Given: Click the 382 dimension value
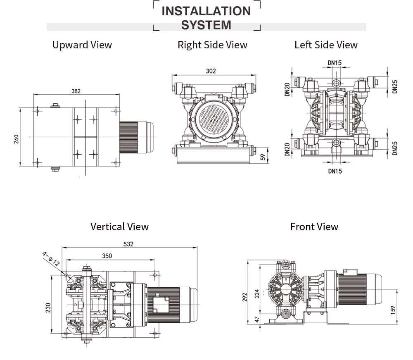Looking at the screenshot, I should (x=76, y=91).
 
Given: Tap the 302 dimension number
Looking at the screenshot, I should (x=211, y=71).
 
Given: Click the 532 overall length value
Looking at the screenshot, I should (x=128, y=244).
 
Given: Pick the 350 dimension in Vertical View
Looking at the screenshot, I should (x=107, y=256).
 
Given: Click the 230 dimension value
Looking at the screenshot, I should (x=48, y=308).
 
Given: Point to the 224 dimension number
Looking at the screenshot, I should (x=257, y=293).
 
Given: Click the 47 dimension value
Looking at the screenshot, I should (x=257, y=319).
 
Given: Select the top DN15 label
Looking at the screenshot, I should (x=335, y=63).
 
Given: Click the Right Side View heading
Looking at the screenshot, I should (x=212, y=45).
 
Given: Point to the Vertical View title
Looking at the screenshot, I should (x=119, y=226).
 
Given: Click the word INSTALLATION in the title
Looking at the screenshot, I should (x=206, y=11).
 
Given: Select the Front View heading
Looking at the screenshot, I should (x=314, y=226).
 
